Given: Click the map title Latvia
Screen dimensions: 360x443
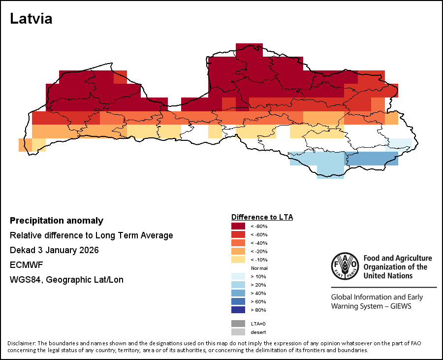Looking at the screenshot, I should click(x=31, y=19).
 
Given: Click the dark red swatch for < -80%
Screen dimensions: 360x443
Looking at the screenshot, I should click(x=238, y=226).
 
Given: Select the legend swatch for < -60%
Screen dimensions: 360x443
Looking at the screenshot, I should click(x=238, y=234).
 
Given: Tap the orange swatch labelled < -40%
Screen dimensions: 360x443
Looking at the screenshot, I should click(x=238, y=243).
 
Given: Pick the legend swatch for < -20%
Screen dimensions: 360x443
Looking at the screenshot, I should click(x=238, y=251).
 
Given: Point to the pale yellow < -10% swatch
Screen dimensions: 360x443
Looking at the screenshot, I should click(x=238, y=260).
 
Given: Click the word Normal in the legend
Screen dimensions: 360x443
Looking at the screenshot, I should click(x=259, y=268).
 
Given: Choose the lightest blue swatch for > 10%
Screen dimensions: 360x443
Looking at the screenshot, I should click(x=238, y=276).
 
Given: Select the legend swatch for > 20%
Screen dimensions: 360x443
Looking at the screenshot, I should click(x=238, y=285).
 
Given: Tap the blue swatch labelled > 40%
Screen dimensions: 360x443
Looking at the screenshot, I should click(x=238, y=293).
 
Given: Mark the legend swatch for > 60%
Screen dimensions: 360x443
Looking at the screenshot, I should click(x=238, y=301).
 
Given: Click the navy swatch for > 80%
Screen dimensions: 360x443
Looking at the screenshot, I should click(x=238, y=310).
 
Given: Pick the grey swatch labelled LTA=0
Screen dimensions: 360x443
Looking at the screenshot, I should click(x=238, y=324).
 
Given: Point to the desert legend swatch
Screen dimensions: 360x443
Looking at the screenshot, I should click(x=238, y=332).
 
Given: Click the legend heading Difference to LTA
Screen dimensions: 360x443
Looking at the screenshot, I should click(x=262, y=217).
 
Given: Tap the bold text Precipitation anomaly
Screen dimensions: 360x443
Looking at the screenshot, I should click(x=57, y=221).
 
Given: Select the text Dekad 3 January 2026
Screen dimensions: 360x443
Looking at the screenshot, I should click(x=54, y=250).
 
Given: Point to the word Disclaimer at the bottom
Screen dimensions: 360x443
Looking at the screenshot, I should click(x=21, y=343).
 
